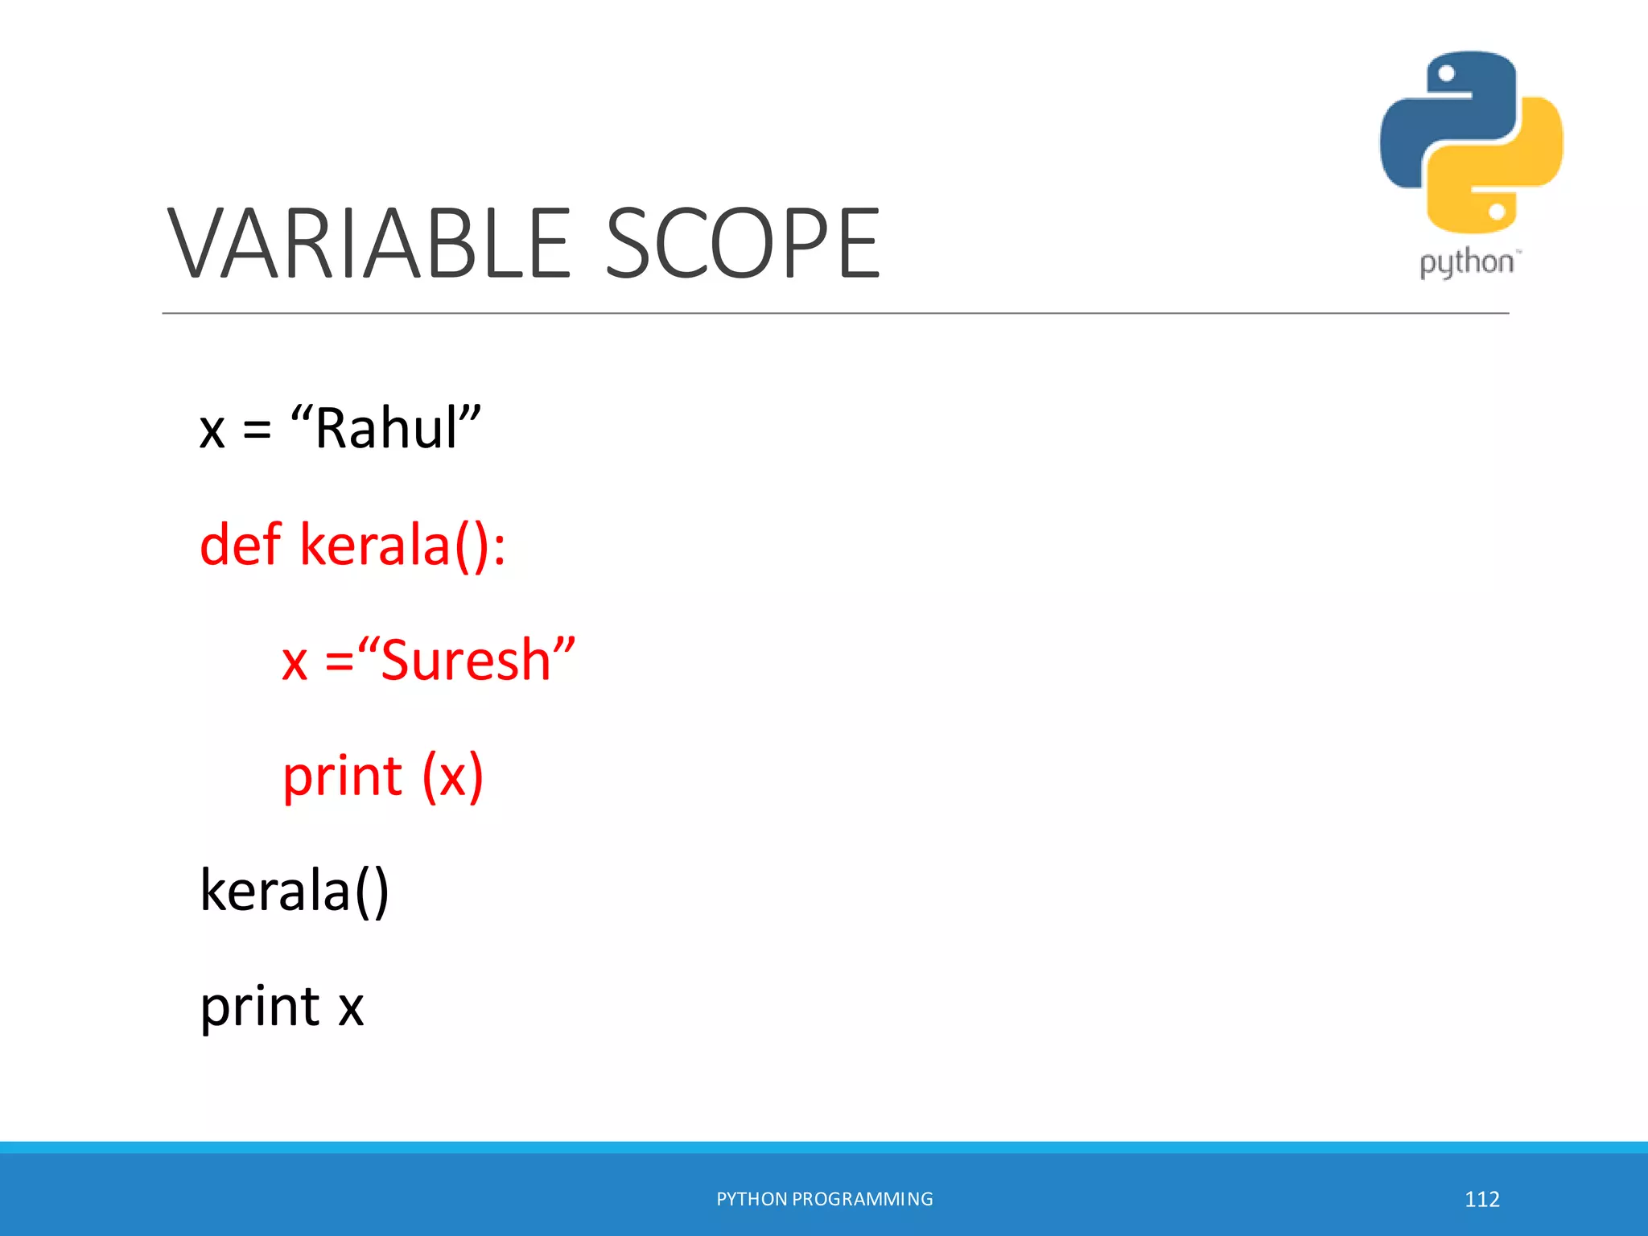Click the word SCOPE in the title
tap(742, 243)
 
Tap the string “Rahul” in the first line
tap(385, 428)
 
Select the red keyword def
tap(240, 545)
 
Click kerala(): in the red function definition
tap(402, 546)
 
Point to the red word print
tap(342, 777)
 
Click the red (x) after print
tap(453, 777)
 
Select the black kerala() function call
tap(295, 891)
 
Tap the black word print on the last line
tap(259, 1007)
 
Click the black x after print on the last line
tap(351, 1007)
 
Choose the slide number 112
tap(1481, 1199)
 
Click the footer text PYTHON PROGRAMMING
tap(824, 1199)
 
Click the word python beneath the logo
tap(1466, 263)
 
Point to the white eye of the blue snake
tap(1446, 74)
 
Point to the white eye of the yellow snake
tap(1497, 212)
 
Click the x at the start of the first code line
tap(212, 431)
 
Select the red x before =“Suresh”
tap(295, 663)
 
